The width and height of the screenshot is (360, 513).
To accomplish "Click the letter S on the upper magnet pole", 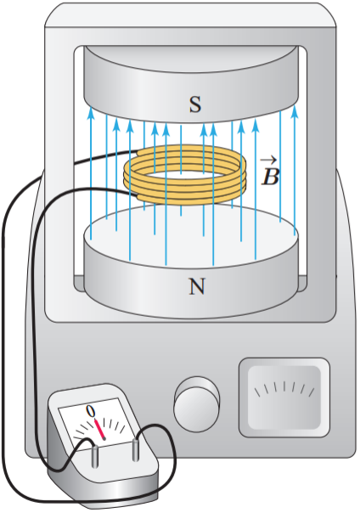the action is tap(195, 104).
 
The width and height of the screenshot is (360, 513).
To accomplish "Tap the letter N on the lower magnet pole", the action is tap(196, 286).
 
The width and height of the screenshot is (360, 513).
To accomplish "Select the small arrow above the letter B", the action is tap(269, 161).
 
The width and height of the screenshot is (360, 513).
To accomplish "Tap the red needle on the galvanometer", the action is tap(99, 429).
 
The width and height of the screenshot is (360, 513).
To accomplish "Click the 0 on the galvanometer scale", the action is tap(91, 411).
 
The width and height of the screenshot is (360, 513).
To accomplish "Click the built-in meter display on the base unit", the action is tap(284, 397).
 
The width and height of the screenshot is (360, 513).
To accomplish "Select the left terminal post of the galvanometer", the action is tap(94, 456).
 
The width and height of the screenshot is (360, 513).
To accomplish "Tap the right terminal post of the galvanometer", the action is tap(136, 449).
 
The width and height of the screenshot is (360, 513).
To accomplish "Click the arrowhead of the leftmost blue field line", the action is tap(91, 114).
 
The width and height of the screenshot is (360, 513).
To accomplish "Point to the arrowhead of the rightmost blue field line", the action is tap(295, 111).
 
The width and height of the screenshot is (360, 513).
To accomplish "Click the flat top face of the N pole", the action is tap(191, 236).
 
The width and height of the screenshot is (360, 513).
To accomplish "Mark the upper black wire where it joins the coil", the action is tap(138, 151).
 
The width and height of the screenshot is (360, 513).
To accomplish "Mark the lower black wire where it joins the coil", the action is tap(137, 195).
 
